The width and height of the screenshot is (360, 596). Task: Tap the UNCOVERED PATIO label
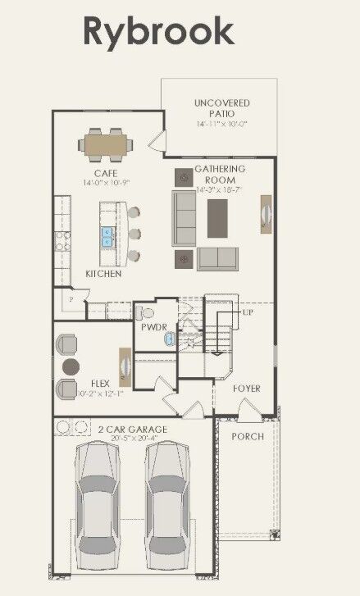click(221, 108)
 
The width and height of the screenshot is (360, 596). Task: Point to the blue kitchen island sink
click(107, 237)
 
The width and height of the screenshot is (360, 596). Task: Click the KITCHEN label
click(104, 274)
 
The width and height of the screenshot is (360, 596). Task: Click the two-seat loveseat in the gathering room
click(216, 258)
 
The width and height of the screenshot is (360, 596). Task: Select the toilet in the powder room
click(144, 312)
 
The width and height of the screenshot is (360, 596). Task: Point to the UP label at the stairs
click(247, 313)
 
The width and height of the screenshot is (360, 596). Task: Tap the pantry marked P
click(71, 301)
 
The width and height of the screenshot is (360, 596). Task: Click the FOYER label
click(246, 388)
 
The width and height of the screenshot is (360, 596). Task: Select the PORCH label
click(247, 436)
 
